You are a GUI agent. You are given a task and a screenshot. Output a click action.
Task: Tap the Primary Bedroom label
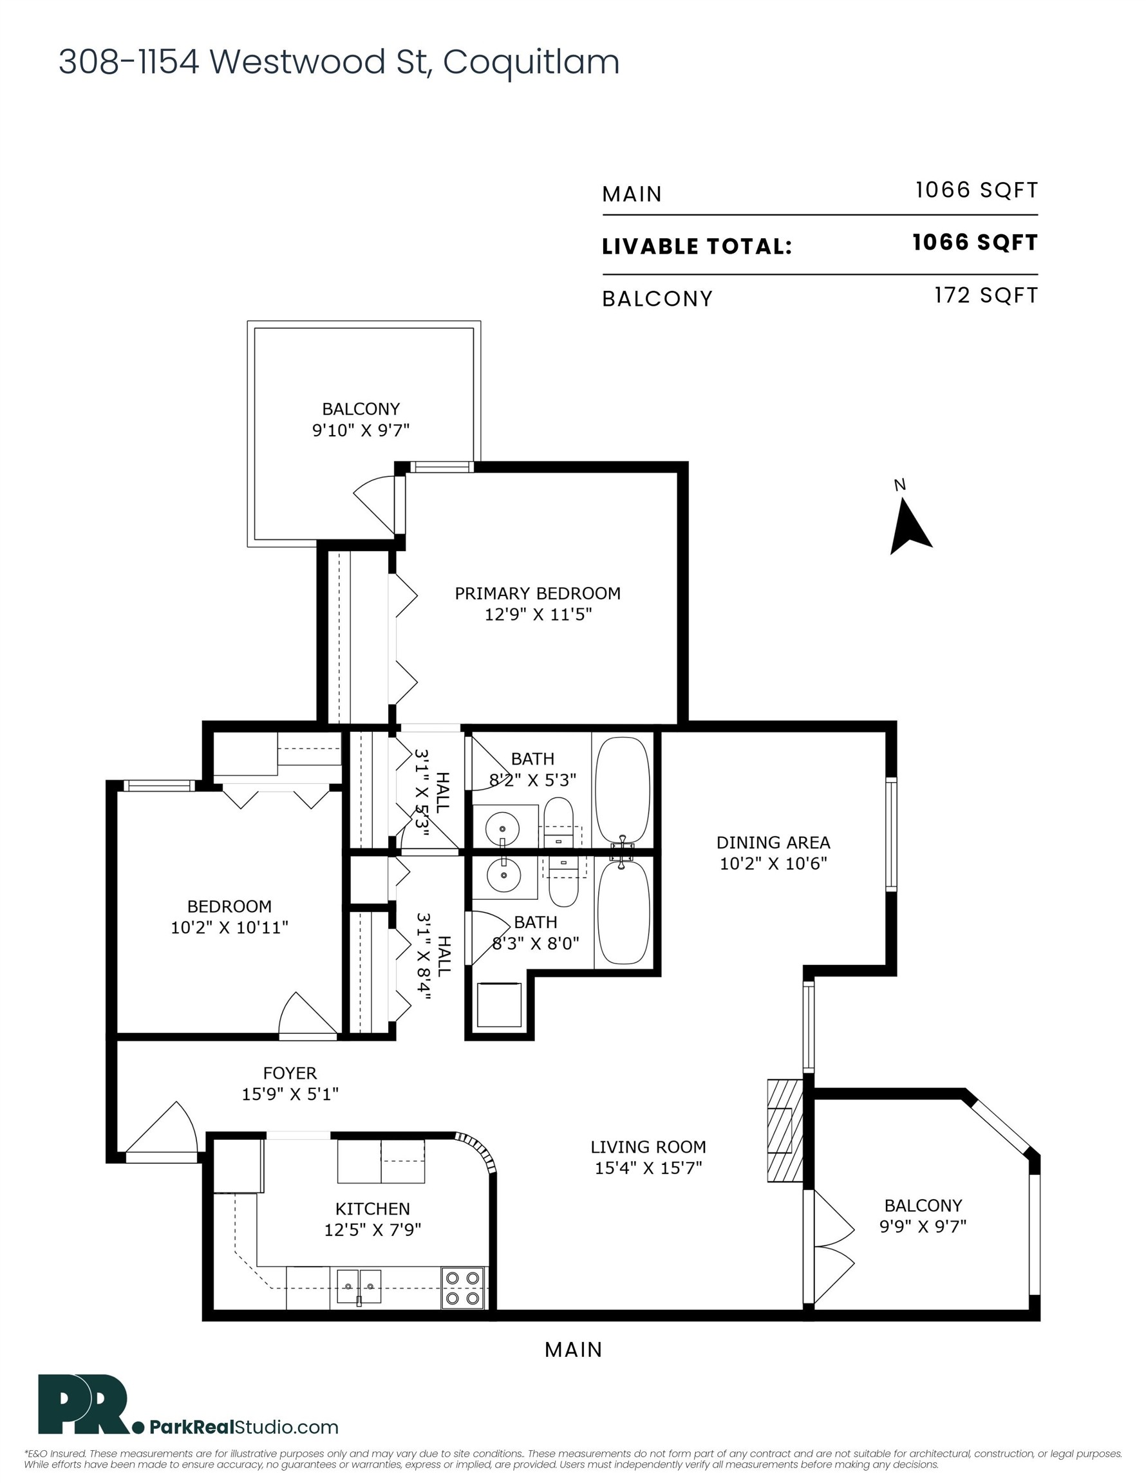pyautogui.click(x=538, y=593)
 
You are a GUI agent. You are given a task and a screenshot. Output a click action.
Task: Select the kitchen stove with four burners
pyautogui.click(x=464, y=1289)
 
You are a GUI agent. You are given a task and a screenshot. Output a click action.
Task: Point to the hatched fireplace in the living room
pyautogui.click(x=785, y=1130)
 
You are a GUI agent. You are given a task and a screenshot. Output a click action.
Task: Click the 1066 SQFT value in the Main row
pyautogui.click(x=976, y=190)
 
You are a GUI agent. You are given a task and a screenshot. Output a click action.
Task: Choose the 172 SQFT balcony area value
pyautogui.click(x=986, y=295)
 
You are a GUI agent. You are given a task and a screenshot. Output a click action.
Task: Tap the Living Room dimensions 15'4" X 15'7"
pyautogui.click(x=648, y=1168)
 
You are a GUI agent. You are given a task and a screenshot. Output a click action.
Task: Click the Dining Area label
pyautogui.click(x=773, y=843)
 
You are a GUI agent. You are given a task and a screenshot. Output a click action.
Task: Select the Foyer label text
pyautogui.click(x=290, y=1073)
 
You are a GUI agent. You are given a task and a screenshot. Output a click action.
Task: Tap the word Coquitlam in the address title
pyautogui.click(x=531, y=62)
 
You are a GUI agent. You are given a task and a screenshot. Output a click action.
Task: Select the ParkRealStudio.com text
pyautogui.click(x=243, y=1426)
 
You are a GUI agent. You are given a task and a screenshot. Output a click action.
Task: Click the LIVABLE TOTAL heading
pyautogui.click(x=697, y=246)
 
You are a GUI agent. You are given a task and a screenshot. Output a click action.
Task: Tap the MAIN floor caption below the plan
pyautogui.click(x=574, y=1350)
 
